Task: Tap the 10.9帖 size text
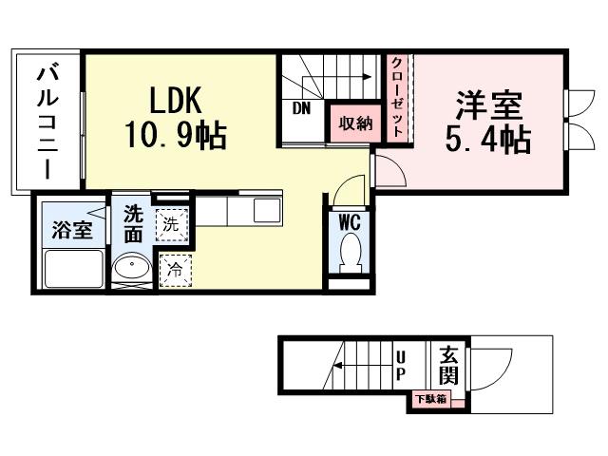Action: click(x=174, y=137)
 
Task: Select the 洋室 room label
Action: click(x=488, y=103)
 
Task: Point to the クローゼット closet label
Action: click(x=396, y=96)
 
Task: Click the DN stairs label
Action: click(x=301, y=107)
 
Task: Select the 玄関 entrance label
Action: click(x=448, y=365)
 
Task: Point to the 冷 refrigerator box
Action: click(x=175, y=269)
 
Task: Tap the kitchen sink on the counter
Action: click(x=266, y=211)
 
